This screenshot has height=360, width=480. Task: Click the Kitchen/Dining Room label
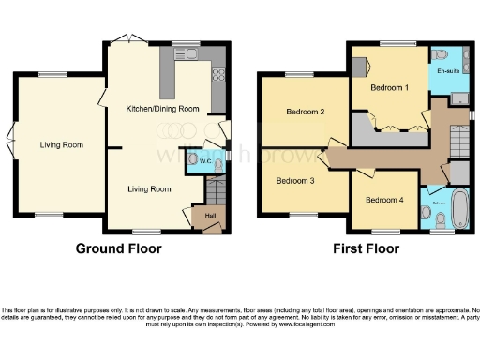163,109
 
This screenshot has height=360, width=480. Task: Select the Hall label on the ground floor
198,217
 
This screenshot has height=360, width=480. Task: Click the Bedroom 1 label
389,87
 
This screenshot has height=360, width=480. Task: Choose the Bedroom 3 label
295,180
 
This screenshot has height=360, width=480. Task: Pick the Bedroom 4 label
383,200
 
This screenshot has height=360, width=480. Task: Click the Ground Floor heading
119,249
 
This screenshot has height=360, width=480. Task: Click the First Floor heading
367,249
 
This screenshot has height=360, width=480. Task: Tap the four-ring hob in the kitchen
217,74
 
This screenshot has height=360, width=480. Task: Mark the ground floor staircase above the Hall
212,192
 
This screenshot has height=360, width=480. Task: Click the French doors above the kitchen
125,39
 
